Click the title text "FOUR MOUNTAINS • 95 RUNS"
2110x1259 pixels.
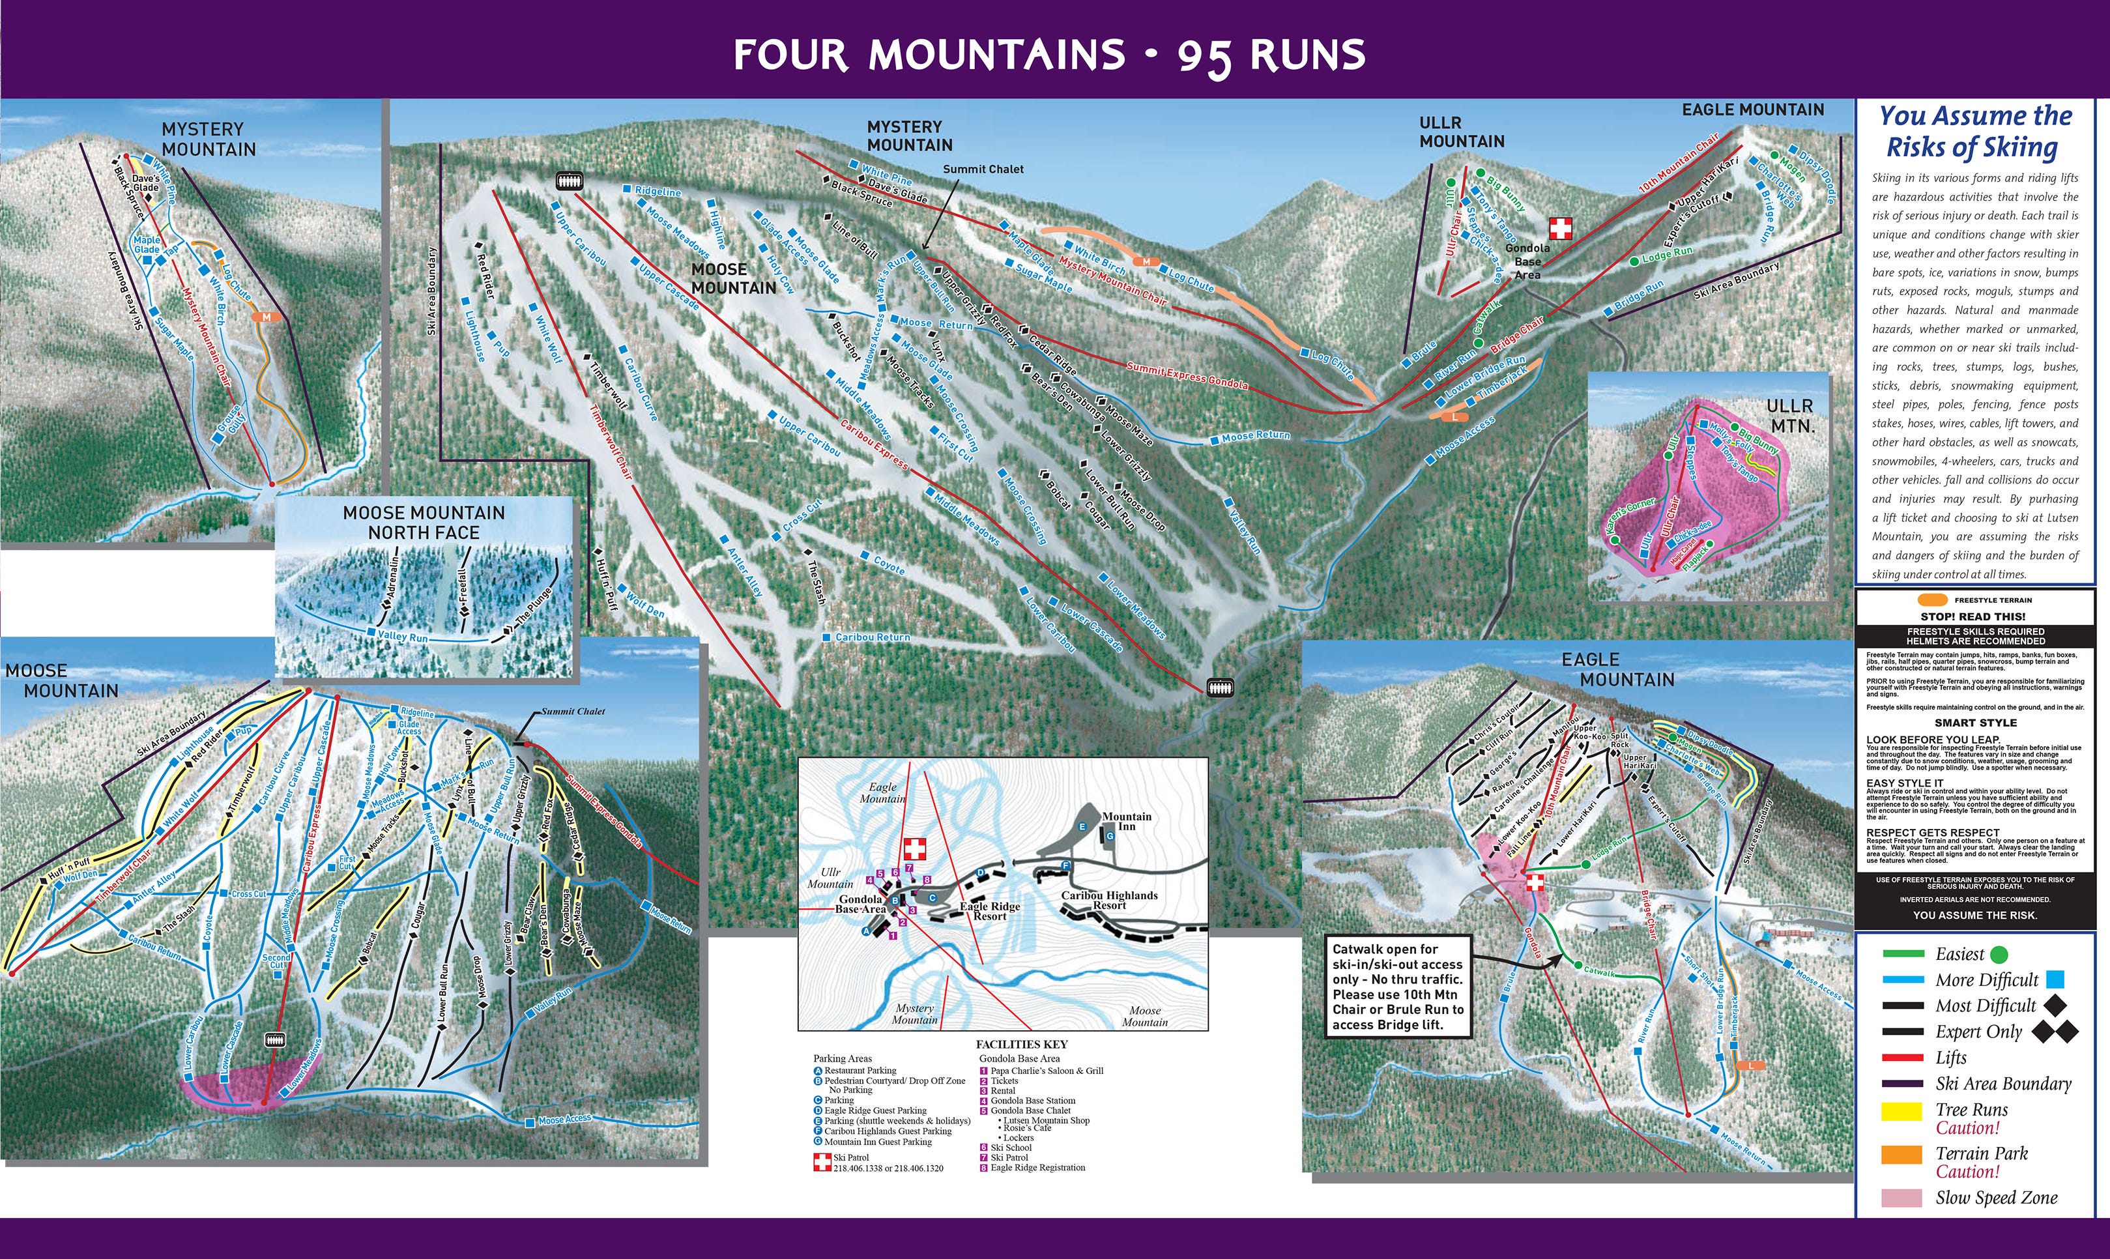tap(1050, 55)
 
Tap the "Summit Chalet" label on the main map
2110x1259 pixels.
tap(983, 169)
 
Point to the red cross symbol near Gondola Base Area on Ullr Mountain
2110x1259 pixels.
tap(1560, 228)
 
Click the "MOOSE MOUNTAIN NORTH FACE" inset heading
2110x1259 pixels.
tap(424, 523)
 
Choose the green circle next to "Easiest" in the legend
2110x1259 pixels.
tap(1997, 955)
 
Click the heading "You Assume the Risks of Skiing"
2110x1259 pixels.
tap(1974, 132)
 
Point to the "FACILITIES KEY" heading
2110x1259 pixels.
tap(1022, 1045)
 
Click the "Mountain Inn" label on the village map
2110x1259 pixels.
tap(1126, 821)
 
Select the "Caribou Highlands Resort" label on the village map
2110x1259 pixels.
tap(1109, 900)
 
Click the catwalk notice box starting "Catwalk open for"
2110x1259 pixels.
tap(1397, 987)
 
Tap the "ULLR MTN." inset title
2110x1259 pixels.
tap(1790, 416)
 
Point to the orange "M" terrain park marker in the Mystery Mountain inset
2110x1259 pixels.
tap(267, 317)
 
